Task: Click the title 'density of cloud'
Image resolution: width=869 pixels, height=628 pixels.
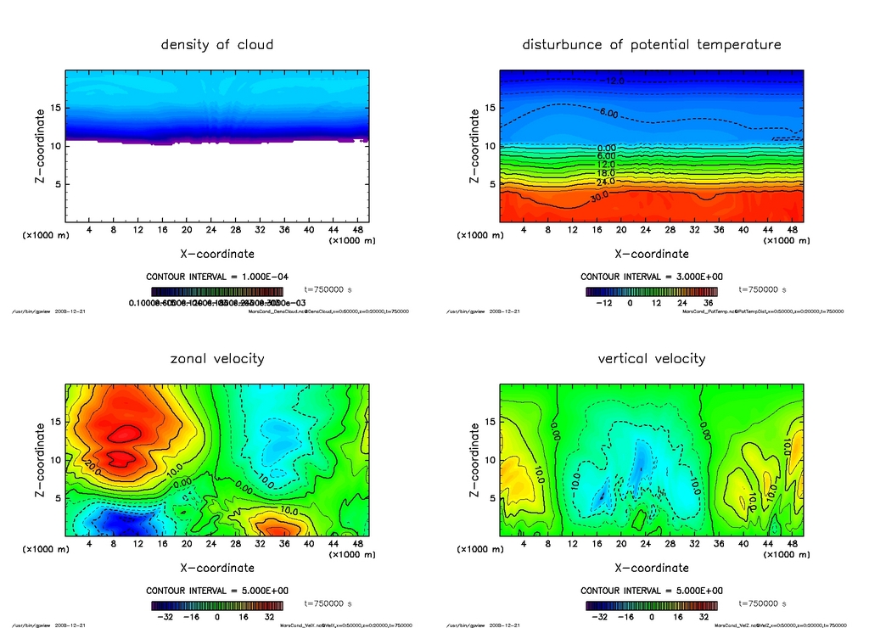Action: [217, 44]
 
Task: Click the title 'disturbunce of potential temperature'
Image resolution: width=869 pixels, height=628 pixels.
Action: [651, 44]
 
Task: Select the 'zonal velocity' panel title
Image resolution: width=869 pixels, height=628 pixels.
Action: [217, 358]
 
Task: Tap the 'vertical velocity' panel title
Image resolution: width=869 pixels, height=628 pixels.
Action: [651, 358]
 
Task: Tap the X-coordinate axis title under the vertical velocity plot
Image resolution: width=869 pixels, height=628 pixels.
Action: [651, 568]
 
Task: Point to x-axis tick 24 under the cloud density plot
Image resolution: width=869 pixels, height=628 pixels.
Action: [210, 230]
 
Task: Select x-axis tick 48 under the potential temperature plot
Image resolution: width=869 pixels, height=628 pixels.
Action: [791, 230]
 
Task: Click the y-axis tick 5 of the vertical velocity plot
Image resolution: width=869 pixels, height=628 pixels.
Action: [489, 499]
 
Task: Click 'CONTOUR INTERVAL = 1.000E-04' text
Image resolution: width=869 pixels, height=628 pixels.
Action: [217, 277]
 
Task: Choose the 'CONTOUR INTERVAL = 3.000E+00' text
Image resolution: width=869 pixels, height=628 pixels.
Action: [651, 277]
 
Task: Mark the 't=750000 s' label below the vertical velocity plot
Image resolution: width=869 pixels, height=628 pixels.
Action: [762, 604]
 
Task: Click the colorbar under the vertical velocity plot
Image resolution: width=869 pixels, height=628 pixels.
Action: [651, 606]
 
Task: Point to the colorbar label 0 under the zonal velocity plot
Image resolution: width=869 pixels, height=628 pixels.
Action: [217, 617]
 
